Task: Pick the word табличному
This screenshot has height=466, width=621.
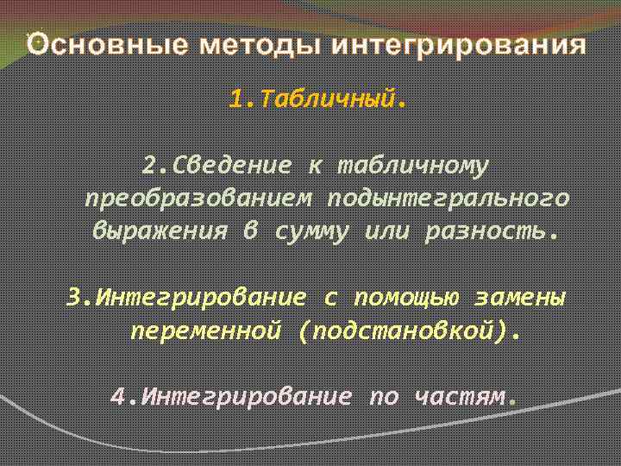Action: pos(413,165)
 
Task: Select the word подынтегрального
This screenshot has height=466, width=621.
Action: pos(448,198)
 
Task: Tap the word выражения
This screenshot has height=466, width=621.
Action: pos(160,232)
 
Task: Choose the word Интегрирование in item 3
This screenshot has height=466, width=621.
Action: pos(200,298)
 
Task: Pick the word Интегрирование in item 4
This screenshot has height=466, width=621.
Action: pos(245,396)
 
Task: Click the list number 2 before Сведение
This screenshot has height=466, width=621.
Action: pos(148,165)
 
